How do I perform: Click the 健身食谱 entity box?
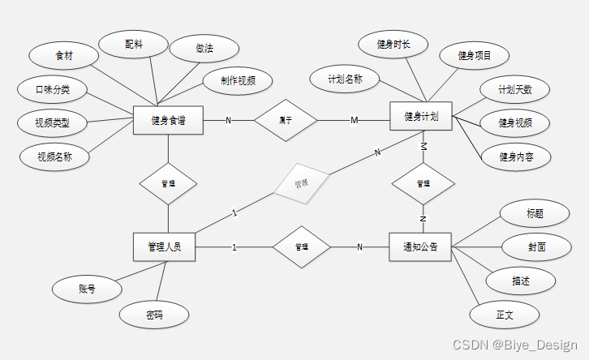[x=168, y=121]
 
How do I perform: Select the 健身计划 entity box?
[x=422, y=117]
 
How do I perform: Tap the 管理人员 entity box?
[x=166, y=247]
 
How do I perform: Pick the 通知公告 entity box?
[x=421, y=246]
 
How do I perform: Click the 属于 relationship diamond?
[x=286, y=121]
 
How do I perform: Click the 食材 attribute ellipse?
[x=63, y=56]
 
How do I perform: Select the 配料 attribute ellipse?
[x=134, y=45]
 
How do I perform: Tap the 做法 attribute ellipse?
[x=204, y=49]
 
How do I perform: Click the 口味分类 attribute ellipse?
[x=51, y=88]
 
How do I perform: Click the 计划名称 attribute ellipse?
[x=345, y=79]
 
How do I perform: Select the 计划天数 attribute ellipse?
[x=515, y=89]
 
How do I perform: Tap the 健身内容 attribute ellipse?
[x=515, y=156]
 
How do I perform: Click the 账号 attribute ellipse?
[x=87, y=288]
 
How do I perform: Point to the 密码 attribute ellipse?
[x=154, y=314]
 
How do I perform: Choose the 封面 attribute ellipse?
[x=535, y=246]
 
